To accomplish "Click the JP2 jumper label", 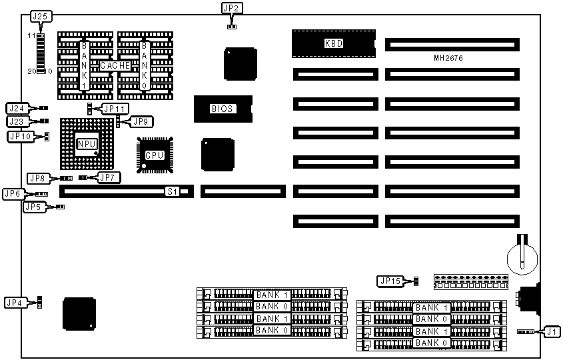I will (231, 8).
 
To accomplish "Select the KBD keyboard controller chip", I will (332, 43).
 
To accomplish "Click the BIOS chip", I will (223, 108).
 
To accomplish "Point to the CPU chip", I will (155, 155).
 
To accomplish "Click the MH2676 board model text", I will (447, 59).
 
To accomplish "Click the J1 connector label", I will (550, 331).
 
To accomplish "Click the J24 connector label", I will (16, 108).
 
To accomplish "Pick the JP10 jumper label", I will (19, 136).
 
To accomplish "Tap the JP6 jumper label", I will (13, 194).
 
